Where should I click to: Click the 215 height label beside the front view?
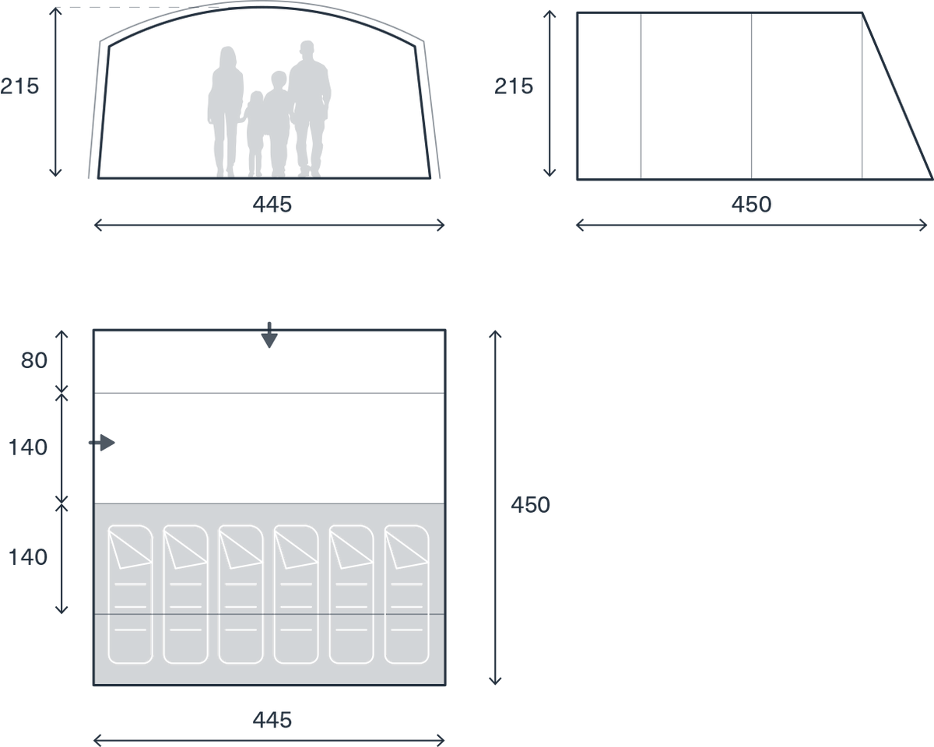pyautogui.click(x=19, y=86)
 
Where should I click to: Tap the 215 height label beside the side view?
pyautogui.click(x=514, y=86)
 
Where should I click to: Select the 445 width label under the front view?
pyautogui.click(x=272, y=205)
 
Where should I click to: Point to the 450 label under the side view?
pyautogui.click(x=751, y=205)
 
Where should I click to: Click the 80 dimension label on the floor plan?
pyautogui.click(x=33, y=361)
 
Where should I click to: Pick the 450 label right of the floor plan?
pyautogui.click(x=530, y=505)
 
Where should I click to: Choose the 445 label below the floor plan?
pyautogui.click(x=272, y=720)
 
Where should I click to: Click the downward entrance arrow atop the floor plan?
pyautogui.click(x=269, y=335)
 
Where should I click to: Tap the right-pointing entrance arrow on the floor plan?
pyautogui.click(x=102, y=443)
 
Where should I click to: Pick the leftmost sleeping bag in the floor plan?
pyautogui.click(x=130, y=594)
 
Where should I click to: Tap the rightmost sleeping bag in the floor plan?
pyautogui.click(x=406, y=594)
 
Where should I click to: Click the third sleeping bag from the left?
pyautogui.click(x=241, y=594)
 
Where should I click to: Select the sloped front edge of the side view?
pyautogui.click(x=897, y=96)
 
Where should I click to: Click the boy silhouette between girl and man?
pyautogui.click(x=277, y=124)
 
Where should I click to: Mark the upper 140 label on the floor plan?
pyautogui.click(x=28, y=447)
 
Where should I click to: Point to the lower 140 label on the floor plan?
pyautogui.click(x=28, y=557)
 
